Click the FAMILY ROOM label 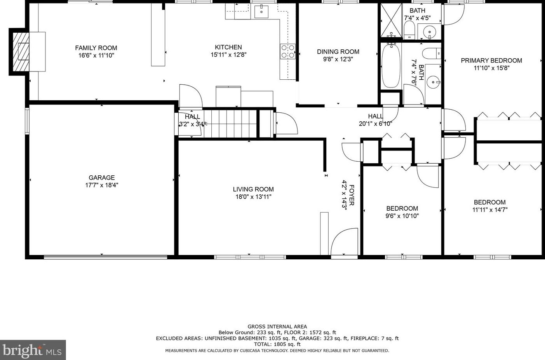(96, 48)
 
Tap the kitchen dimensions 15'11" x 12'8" (228, 55)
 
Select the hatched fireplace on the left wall (21, 52)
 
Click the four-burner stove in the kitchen (288, 51)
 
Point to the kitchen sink (261, 11)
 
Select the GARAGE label (102, 178)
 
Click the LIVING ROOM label (253, 189)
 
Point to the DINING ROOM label (338, 52)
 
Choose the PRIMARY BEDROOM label (491, 60)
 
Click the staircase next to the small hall (230, 124)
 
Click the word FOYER (352, 195)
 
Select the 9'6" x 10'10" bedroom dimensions (402, 216)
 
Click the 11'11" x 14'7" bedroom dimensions (490, 210)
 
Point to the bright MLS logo (33, 350)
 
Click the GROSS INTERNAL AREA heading (277, 327)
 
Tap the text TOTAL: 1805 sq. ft (277, 344)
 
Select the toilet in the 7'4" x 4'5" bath (409, 30)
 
